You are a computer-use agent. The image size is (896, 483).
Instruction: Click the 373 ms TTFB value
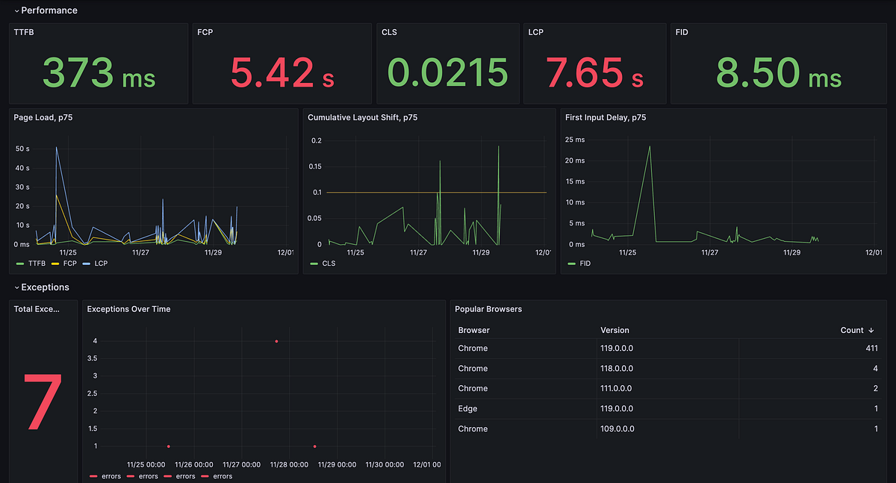[99, 72]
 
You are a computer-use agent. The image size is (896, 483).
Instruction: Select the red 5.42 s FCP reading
[281, 72]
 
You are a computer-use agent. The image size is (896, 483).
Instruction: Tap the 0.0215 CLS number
[448, 72]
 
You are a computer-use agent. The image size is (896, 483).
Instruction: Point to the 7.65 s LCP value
[594, 72]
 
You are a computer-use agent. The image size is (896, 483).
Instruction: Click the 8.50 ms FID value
[779, 72]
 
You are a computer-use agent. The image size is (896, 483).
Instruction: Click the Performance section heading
[49, 10]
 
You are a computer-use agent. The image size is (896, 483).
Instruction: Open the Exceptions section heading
[45, 287]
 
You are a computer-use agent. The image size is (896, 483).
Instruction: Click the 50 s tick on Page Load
[22, 149]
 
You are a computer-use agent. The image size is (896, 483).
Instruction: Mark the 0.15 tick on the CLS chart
[316, 166]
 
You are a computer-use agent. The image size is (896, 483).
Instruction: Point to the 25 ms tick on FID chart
[574, 140]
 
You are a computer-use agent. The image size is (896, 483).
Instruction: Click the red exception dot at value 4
[276, 341]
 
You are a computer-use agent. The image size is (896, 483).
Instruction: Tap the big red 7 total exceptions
[43, 402]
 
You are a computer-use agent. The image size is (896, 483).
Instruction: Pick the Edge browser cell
[467, 409]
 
